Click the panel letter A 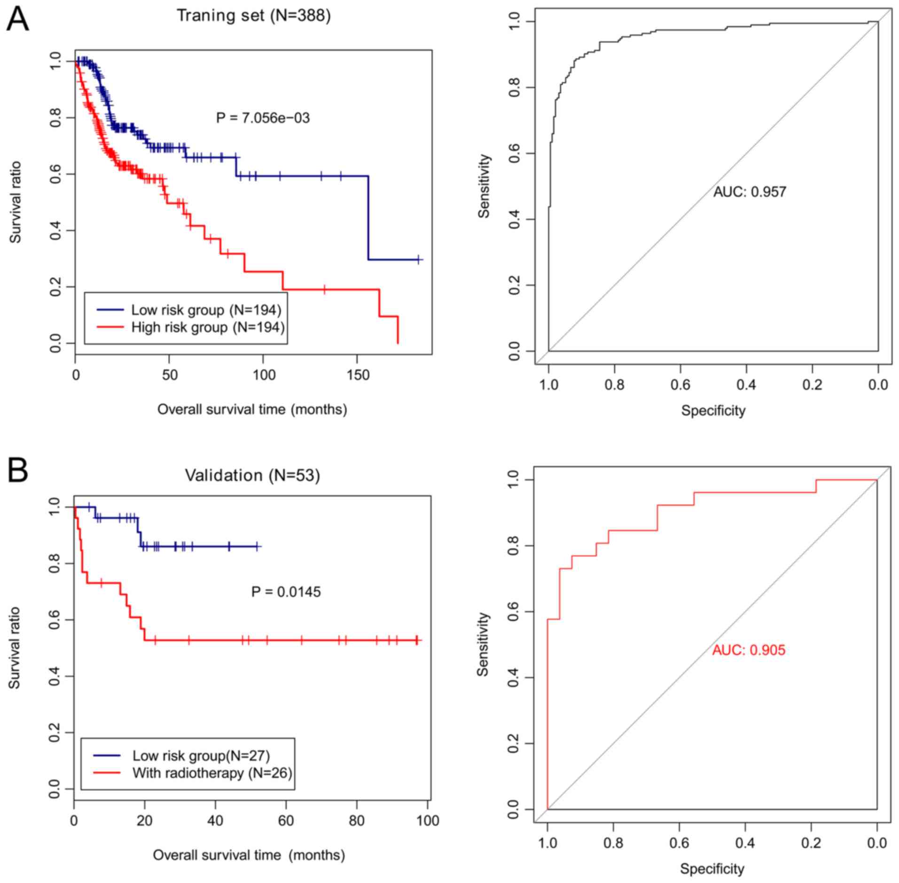[17, 19]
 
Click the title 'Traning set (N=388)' [253, 16]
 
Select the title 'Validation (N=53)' [252, 475]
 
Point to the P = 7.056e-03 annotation [263, 118]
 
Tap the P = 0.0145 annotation [286, 591]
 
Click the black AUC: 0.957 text [750, 192]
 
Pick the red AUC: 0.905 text [749, 650]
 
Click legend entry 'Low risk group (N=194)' [206, 310]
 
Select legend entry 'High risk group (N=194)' [208, 327]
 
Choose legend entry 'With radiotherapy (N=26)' [212, 773]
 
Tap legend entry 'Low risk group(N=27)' [201, 756]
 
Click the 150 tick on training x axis [358, 375]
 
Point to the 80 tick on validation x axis [357, 820]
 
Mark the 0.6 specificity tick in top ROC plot [680, 385]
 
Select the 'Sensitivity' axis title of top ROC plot [484, 186]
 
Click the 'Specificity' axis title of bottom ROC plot [712, 869]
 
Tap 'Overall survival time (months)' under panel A [252, 410]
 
